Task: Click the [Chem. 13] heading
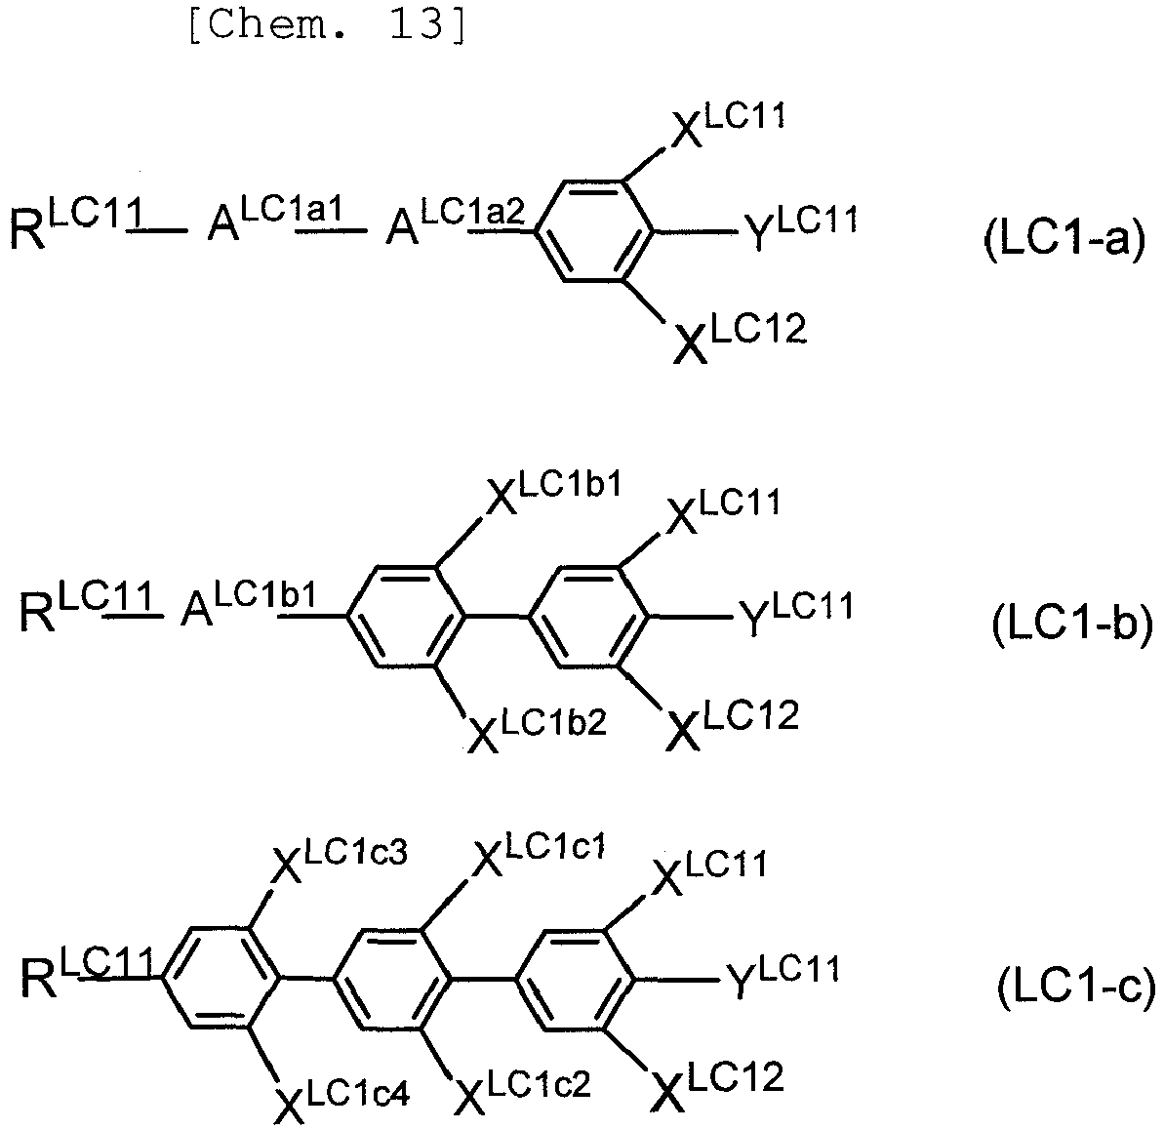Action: click(x=328, y=25)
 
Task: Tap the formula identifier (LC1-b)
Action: click(x=1072, y=624)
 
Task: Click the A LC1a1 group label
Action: click(x=275, y=221)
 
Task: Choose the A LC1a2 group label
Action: click(x=455, y=221)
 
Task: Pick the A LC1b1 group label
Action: click(x=249, y=604)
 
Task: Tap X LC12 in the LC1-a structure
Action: click(x=740, y=338)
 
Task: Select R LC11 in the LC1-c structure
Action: click(x=86, y=972)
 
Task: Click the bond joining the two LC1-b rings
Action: click(x=496, y=616)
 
